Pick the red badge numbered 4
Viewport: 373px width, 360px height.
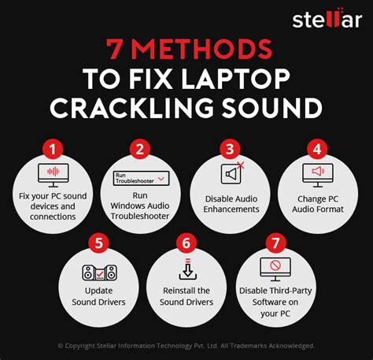click(x=318, y=147)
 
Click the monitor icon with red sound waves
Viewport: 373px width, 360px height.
click(x=53, y=174)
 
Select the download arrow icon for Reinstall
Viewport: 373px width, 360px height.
click(x=186, y=270)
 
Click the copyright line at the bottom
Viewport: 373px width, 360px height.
click(x=186, y=346)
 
